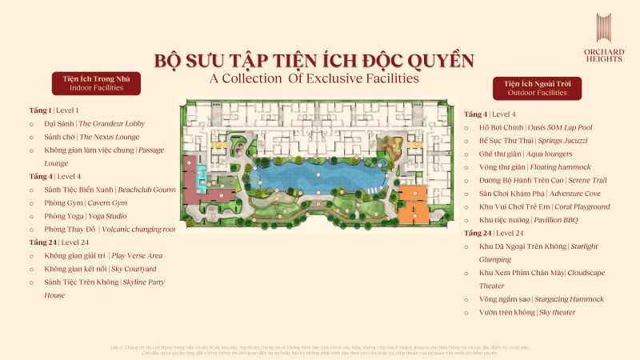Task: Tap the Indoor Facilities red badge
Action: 97,83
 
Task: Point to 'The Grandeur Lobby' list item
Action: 94,124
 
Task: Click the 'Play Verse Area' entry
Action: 98,255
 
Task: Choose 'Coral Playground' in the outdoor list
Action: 547,206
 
